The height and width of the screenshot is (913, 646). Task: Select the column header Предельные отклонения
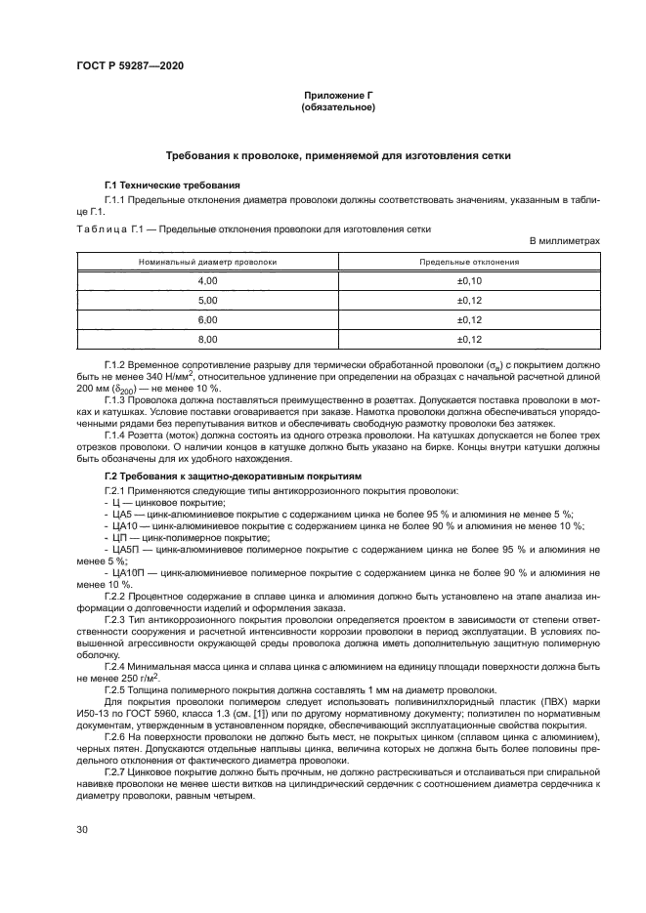point(469,263)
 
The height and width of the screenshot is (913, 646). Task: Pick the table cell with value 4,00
point(207,281)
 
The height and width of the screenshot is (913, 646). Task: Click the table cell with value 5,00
point(207,300)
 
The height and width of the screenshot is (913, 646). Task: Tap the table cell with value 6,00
point(207,319)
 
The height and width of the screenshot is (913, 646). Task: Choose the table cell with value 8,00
point(207,339)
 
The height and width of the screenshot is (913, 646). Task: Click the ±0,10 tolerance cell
point(469,281)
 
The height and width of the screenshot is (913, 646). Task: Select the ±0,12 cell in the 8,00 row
point(469,339)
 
